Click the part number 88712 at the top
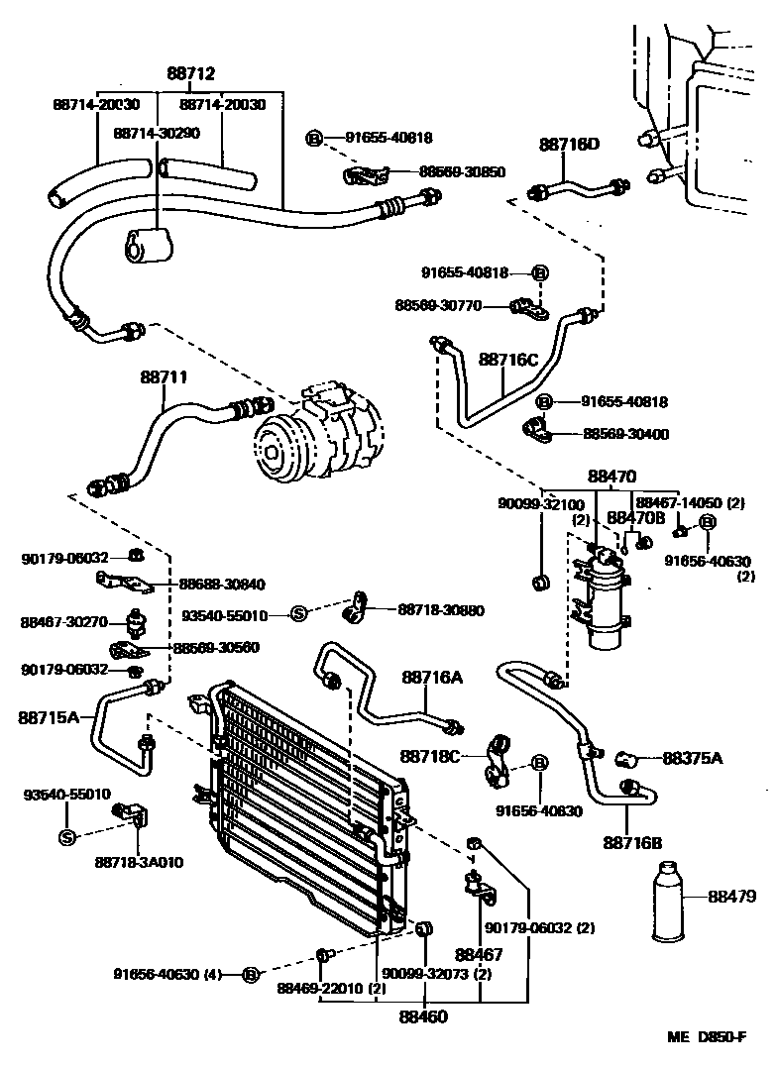click(190, 73)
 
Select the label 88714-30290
click(158, 131)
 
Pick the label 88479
click(732, 897)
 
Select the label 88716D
click(570, 145)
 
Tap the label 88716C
click(508, 360)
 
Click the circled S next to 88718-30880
click(298, 615)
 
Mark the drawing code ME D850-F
click(706, 1037)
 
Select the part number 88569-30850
click(462, 171)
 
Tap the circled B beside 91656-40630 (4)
click(251, 974)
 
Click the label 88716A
click(431, 677)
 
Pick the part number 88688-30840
click(223, 584)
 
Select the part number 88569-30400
click(625, 433)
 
